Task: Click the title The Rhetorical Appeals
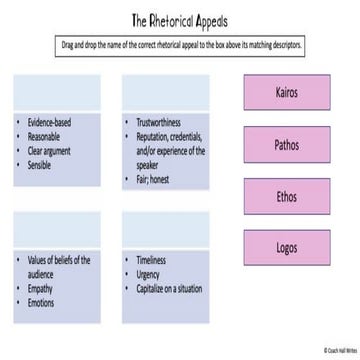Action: pyautogui.click(x=180, y=21)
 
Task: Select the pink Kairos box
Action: pyautogui.click(x=287, y=92)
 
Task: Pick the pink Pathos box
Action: pyautogui.click(x=287, y=145)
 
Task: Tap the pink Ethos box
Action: pyautogui.click(x=287, y=197)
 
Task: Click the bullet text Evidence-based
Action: pyautogui.click(x=49, y=122)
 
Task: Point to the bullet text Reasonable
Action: pyautogui.click(x=44, y=137)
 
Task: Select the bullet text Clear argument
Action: pyautogui.click(x=49, y=151)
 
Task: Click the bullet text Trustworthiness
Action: pyautogui.click(x=160, y=122)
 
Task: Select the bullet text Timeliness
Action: pyautogui.click(x=153, y=260)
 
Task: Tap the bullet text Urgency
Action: pyautogui.click(x=150, y=274)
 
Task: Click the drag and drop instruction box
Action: pyautogui.click(x=180, y=46)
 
